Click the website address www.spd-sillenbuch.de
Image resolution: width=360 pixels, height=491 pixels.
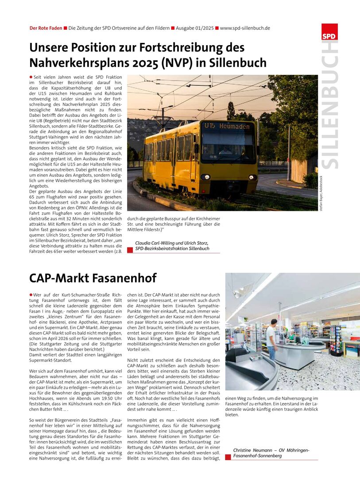pos(245,28)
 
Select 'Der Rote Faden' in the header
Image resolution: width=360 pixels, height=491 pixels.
pos(46,28)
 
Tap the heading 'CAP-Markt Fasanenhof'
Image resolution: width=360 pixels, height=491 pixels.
pos(93,278)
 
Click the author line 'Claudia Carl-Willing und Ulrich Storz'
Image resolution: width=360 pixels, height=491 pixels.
pos(172,243)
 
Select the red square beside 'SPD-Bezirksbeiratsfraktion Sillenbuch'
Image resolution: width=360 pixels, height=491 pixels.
pos(130,250)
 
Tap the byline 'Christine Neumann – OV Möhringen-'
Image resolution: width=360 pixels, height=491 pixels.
pos(271,450)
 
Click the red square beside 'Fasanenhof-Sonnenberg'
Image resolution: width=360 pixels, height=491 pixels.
pos(228,457)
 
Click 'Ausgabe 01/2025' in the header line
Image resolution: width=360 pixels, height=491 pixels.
pos(195,28)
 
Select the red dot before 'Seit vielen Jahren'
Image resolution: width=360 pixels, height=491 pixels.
pos(31,77)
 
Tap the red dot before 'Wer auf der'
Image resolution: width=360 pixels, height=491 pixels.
pos(31,294)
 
